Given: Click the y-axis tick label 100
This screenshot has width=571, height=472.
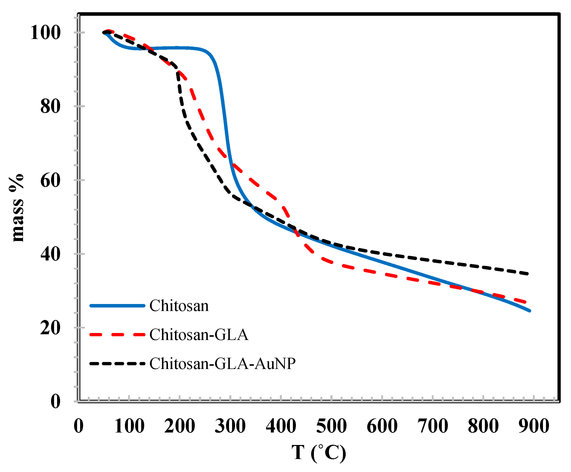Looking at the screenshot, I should click(x=45, y=33).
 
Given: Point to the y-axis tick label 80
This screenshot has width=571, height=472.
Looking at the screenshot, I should click(x=50, y=106).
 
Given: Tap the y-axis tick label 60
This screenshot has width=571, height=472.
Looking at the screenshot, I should click(x=50, y=180).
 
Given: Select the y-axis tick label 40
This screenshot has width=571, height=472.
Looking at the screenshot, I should click(x=50, y=254).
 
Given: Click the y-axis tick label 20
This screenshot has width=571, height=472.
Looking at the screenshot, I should click(x=50, y=328).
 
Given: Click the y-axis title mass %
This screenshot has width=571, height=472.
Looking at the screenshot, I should click(x=17, y=208).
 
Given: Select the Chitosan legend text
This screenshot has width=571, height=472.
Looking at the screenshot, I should click(x=179, y=306).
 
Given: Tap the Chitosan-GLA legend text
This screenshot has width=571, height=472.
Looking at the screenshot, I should click(x=199, y=334).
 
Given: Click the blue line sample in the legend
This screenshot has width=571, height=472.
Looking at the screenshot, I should click(x=117, y=306).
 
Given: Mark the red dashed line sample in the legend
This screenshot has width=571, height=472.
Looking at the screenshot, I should click(x=117, y=334).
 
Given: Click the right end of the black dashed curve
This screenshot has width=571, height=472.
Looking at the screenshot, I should click(x=527, y=274).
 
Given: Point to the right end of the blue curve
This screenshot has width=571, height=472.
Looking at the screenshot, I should click(x=530, y=311).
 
